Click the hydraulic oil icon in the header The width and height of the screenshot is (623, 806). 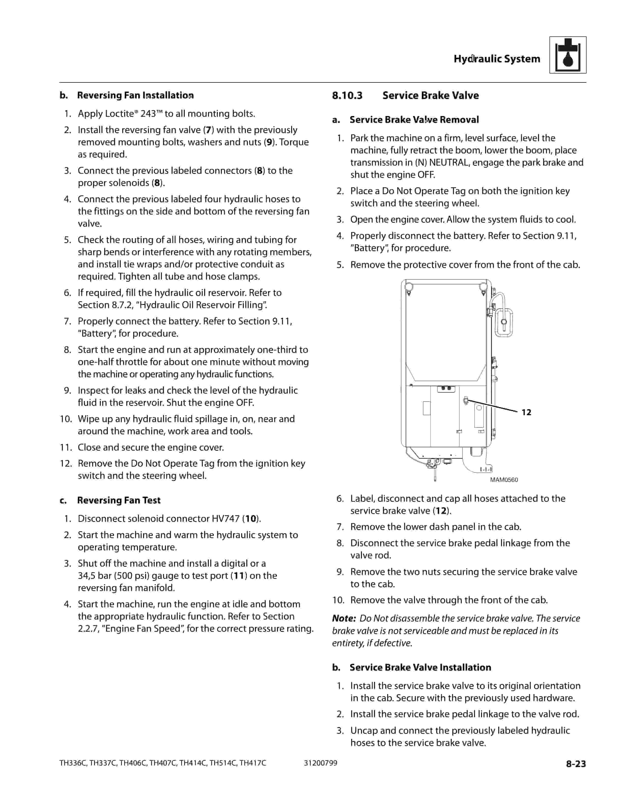click(567, 55)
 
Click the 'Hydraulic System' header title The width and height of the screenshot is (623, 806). click(497, 59)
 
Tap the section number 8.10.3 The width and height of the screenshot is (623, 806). click(347, 96)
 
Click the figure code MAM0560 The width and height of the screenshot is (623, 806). click(504, 480)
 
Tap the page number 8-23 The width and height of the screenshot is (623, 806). click(576, 764)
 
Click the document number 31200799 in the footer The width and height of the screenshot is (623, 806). click(320, 763)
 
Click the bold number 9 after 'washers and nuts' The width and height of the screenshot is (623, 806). click(270, 142)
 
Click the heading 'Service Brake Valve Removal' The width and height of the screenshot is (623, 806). click(414, 120)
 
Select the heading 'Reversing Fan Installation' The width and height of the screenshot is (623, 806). click(135, 96)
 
